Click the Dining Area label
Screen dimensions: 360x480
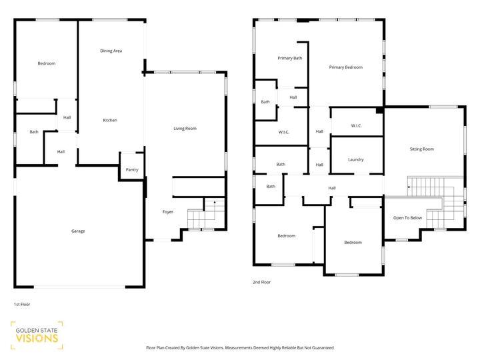111,51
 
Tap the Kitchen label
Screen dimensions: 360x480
110,120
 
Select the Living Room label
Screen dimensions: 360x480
185,128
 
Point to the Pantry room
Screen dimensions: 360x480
131,170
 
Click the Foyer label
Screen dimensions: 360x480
168,212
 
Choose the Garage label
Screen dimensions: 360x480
78,231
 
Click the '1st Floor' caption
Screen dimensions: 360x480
22,304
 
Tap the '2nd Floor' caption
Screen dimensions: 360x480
261,282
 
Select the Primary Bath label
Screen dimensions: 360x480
289,58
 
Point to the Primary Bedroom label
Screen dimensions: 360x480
345,67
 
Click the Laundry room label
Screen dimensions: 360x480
355,159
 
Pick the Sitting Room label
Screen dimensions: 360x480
421,149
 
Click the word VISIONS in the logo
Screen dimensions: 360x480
36,338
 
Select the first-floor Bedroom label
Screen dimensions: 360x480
46,63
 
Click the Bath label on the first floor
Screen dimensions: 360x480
33,132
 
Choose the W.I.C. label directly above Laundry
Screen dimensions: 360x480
355,126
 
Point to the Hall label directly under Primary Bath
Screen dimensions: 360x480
293,97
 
